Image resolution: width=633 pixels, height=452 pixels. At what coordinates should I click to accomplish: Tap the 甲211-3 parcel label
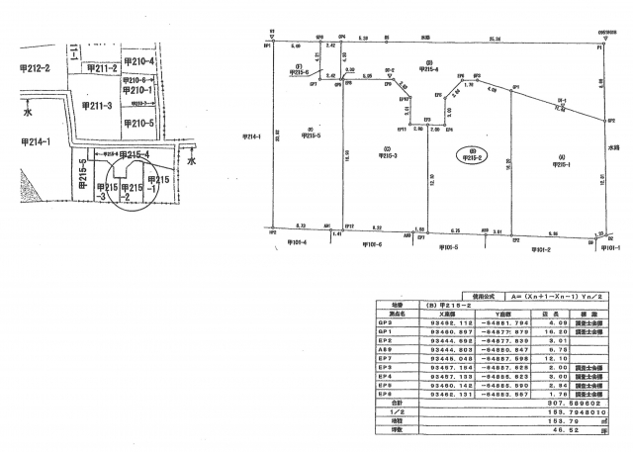[96, 105]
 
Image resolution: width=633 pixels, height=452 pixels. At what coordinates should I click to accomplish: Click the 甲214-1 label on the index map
[36, 142]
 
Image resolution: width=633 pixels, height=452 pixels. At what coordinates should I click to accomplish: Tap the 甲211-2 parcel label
[103, 68]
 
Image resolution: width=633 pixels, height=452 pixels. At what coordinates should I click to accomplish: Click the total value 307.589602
[581, 404]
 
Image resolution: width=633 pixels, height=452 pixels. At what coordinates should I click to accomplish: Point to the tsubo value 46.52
[578, 430]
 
